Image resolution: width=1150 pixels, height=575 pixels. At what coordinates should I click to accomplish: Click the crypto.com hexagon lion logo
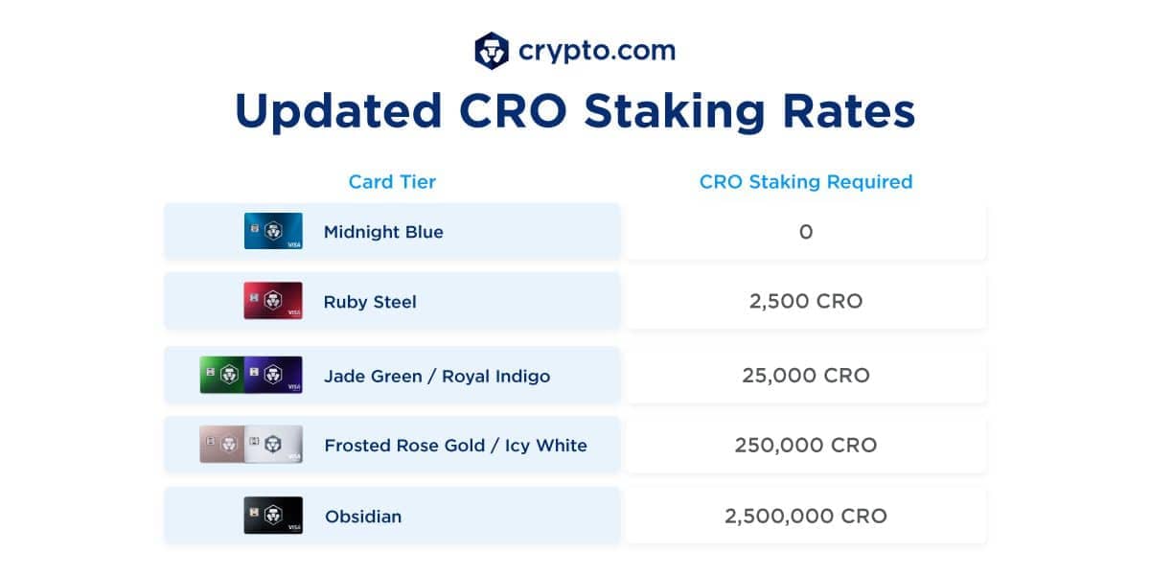click(x=492, y=51)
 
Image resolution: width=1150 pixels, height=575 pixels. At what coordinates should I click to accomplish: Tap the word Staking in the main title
click(x=675, y=112)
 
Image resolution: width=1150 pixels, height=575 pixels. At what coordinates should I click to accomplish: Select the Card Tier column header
click(x=392, y=182)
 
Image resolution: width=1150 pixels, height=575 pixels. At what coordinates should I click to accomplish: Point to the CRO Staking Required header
click(x=806, y=182)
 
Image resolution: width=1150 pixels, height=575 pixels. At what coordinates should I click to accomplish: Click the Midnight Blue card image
click(x=273, y=231)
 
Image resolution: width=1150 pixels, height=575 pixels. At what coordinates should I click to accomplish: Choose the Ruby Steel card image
click(x=273, y=301)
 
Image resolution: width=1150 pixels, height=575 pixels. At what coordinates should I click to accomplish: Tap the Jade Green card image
click(x=221, y=375)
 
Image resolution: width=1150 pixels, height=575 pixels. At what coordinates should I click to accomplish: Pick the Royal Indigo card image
click(x=274, y=375)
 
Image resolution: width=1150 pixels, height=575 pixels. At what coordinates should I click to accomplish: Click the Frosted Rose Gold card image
click(x=221, y=444)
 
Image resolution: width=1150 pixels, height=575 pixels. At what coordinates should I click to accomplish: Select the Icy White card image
click(x=274, y=444)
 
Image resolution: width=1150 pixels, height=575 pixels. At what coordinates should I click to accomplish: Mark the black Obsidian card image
click(x=273, y=515)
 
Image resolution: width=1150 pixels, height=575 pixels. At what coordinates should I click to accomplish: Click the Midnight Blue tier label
click(x=383, y=232)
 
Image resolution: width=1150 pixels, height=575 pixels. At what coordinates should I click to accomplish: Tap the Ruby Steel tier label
click(x=370, y=302)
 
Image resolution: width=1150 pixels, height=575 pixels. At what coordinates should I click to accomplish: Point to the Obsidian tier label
click(x=363, y=517)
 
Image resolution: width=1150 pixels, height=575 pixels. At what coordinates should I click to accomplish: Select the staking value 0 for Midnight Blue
click(x=806, y=232)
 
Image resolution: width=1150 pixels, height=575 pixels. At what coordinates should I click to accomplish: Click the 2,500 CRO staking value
click(x=806, y=301)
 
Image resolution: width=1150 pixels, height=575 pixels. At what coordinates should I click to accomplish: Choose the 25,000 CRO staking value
click(x=806, y=376)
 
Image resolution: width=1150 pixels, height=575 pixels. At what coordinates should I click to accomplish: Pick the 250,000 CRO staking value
click(x=806, y=445)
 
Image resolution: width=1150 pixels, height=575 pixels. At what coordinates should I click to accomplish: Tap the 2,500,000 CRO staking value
click(x=806, y=516)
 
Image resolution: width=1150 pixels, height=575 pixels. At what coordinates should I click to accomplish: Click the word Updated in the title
click(x=338, y=112)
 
